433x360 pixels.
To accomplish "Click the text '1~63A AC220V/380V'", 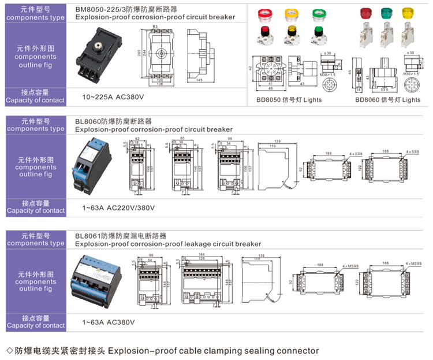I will (118, 207).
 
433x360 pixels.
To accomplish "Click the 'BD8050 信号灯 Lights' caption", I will (289, 100).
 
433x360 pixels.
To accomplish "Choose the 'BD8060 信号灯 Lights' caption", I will (387, 100).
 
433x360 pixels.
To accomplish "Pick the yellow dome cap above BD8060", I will (408, 12).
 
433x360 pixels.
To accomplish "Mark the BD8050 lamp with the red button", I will (265, 33).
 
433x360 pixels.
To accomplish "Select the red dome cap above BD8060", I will (365, 12).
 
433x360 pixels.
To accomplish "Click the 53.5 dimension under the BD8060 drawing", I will (383, 90).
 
